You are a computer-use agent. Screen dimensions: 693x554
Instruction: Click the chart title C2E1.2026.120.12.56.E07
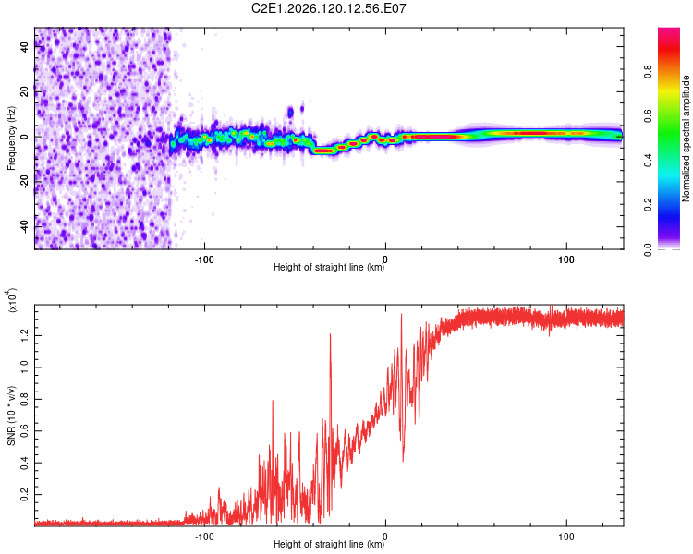point(328,8)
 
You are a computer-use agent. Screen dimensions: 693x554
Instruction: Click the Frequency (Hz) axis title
point(11,138)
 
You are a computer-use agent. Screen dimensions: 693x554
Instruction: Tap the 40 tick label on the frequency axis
point(24,47)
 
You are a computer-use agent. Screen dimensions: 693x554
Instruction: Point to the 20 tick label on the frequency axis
point(24,91)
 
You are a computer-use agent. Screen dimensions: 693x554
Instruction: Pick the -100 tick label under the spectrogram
point(204,259)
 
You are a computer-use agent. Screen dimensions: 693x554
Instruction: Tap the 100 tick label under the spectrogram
point(566,259)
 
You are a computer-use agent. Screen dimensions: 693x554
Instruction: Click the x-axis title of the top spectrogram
point(329,267)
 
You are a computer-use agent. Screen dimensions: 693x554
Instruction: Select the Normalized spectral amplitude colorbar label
point(686,138)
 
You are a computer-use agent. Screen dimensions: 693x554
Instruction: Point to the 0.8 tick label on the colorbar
point(648,72)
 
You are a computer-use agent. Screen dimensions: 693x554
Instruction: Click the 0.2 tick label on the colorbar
point(648,205)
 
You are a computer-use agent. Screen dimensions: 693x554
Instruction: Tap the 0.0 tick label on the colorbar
point(648,249)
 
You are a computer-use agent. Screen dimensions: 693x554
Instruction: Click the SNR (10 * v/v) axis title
point(11,415)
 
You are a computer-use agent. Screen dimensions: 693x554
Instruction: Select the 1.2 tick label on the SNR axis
point(24,335)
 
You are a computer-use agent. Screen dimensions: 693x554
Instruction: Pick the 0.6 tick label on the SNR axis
point(24,431)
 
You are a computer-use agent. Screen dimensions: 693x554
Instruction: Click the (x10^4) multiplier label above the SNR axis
point(12,300)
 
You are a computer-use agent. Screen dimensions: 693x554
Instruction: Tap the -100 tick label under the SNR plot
point(204,536)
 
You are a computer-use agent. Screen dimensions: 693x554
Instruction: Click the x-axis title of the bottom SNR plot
point(329,544)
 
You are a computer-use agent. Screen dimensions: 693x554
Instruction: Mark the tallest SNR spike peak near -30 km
point(330,334)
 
